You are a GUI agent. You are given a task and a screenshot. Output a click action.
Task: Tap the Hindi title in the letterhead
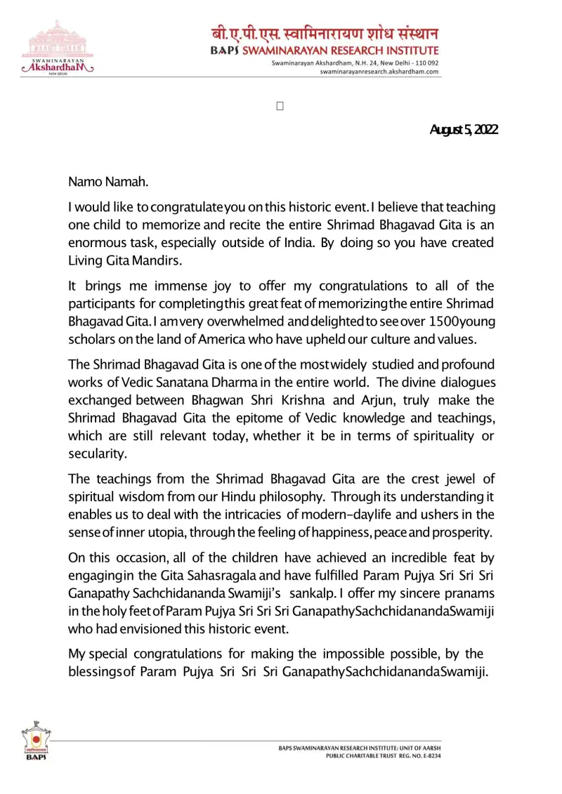[x=325, y=34]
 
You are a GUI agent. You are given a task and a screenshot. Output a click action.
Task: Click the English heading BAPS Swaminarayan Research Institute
[x=325, y=51]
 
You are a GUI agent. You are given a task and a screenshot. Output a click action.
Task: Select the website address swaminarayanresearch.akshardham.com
[x=379, y=72]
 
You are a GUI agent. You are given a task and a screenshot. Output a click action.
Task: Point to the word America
[x=234, y=340]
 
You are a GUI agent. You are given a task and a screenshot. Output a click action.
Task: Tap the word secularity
[x=97, y=454]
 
